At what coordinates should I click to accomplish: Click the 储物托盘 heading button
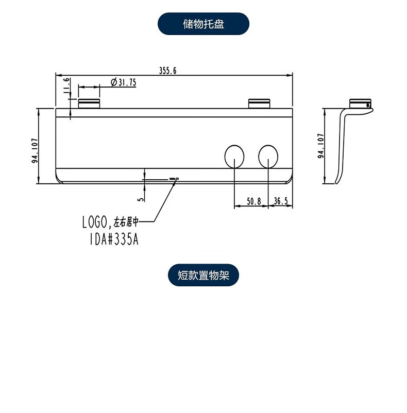(203, 24)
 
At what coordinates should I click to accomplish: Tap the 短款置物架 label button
(203, 276)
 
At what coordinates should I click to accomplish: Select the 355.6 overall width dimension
(168, 71)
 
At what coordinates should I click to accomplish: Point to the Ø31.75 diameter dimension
(123, 82)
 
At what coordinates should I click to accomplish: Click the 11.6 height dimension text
(66, 87)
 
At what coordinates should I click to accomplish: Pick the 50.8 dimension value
(253, 201)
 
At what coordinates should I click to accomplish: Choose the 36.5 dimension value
(281, 201)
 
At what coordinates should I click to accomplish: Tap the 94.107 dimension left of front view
(35, 151)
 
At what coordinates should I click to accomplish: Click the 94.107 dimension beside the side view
(320, 146)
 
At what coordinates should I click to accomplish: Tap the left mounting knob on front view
(89, 103)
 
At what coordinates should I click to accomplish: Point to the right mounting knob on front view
(259, 103)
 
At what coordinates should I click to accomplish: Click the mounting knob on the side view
(360, 103)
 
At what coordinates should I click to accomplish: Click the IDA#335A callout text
(110, 239)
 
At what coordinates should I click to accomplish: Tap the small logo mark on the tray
(174, 179)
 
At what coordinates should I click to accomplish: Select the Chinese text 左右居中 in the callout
(126, 222)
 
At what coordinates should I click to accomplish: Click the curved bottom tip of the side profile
(337, 181)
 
